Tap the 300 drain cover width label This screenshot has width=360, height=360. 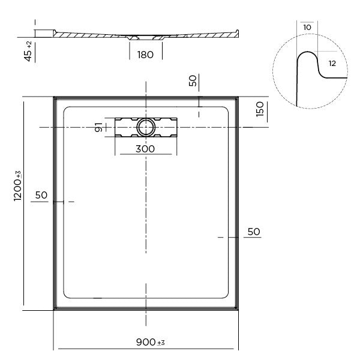coord(145,149)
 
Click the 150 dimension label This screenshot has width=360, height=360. coord(260,109)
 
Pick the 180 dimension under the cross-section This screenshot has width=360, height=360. coord(145,55)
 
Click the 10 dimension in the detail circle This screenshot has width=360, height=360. coord(307,28)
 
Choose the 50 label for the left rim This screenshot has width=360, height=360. coord(41,195)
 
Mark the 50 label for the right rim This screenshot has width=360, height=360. coord(253,231)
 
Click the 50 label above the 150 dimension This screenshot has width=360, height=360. coord(192,81)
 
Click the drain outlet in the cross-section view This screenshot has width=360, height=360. coord(136,39)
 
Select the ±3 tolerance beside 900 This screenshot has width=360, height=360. coord(160,343)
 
